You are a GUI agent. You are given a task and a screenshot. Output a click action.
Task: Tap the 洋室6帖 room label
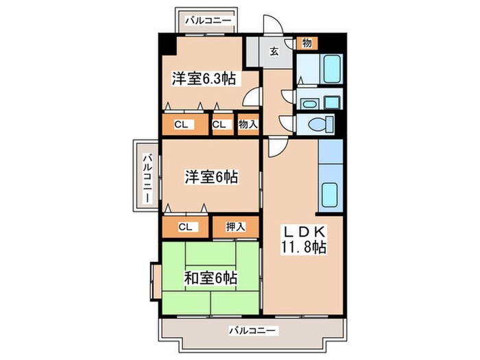(x=211, y=177)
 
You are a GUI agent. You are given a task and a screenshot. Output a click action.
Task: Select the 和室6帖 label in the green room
(x=211, y=278)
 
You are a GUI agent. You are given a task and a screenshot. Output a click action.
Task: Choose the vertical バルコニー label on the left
(x=147, y=179)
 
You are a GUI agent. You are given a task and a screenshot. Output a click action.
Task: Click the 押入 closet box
(x=235, y=227)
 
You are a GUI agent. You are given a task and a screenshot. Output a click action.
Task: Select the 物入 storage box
(x=248, y=125)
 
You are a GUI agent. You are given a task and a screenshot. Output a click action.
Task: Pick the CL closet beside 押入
(x=185, y=227)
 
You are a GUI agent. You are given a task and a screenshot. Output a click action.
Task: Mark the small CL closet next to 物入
(x=219, y=125)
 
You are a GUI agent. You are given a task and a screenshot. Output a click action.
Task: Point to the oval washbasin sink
(x=308, y=104)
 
